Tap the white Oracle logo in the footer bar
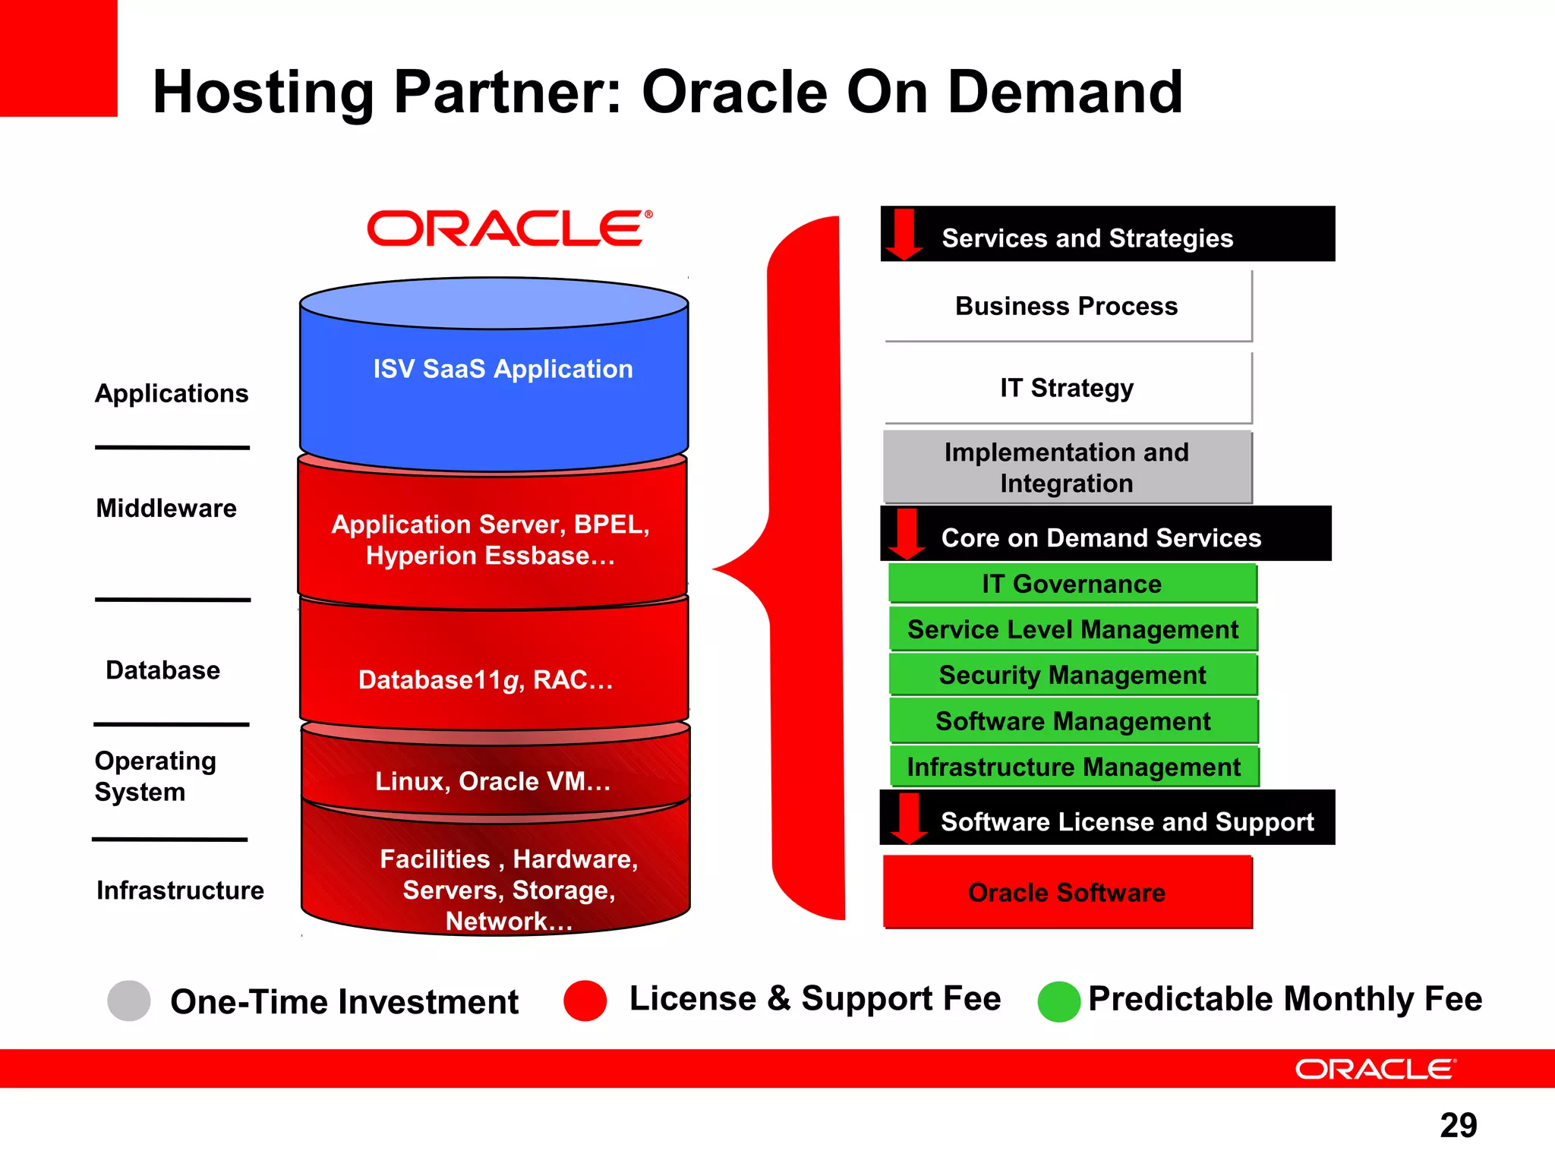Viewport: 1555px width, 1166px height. [1375, 1069]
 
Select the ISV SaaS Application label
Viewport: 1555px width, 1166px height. [503, 369]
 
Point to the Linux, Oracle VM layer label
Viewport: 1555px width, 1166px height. [493, 781]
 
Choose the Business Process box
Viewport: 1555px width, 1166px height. [1067, 306]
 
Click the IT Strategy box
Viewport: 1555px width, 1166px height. [1067, 388]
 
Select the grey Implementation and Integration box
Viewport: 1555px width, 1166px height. [1067, 468]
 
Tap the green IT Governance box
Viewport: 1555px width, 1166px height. [1071, 584]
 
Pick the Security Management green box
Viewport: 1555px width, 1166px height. [1072, 675]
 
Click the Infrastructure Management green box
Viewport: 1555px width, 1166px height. [1073, 767]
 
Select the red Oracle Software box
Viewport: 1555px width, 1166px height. [1067, 892]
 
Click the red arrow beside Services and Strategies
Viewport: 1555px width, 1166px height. [904, 234]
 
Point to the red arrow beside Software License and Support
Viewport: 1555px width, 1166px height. [908, 818]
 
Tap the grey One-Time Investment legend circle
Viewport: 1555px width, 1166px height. [129, 1001]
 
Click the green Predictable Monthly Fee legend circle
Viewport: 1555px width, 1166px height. [1058, 1001]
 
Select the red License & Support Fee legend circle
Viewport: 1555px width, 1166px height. [585, 1001]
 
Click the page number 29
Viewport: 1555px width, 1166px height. [1458, 1125]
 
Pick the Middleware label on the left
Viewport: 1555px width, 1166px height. [166, 508]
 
